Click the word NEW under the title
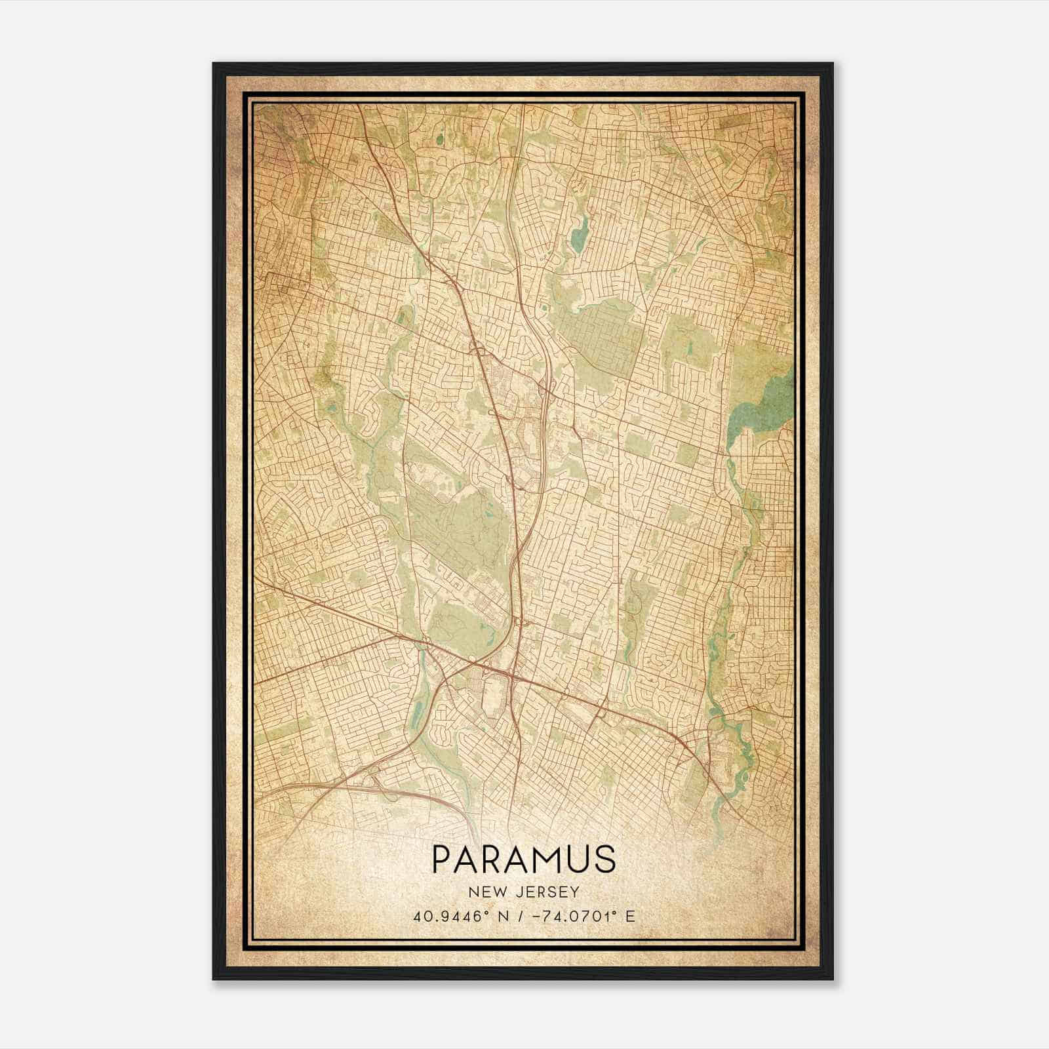485,892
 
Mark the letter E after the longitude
630,917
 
